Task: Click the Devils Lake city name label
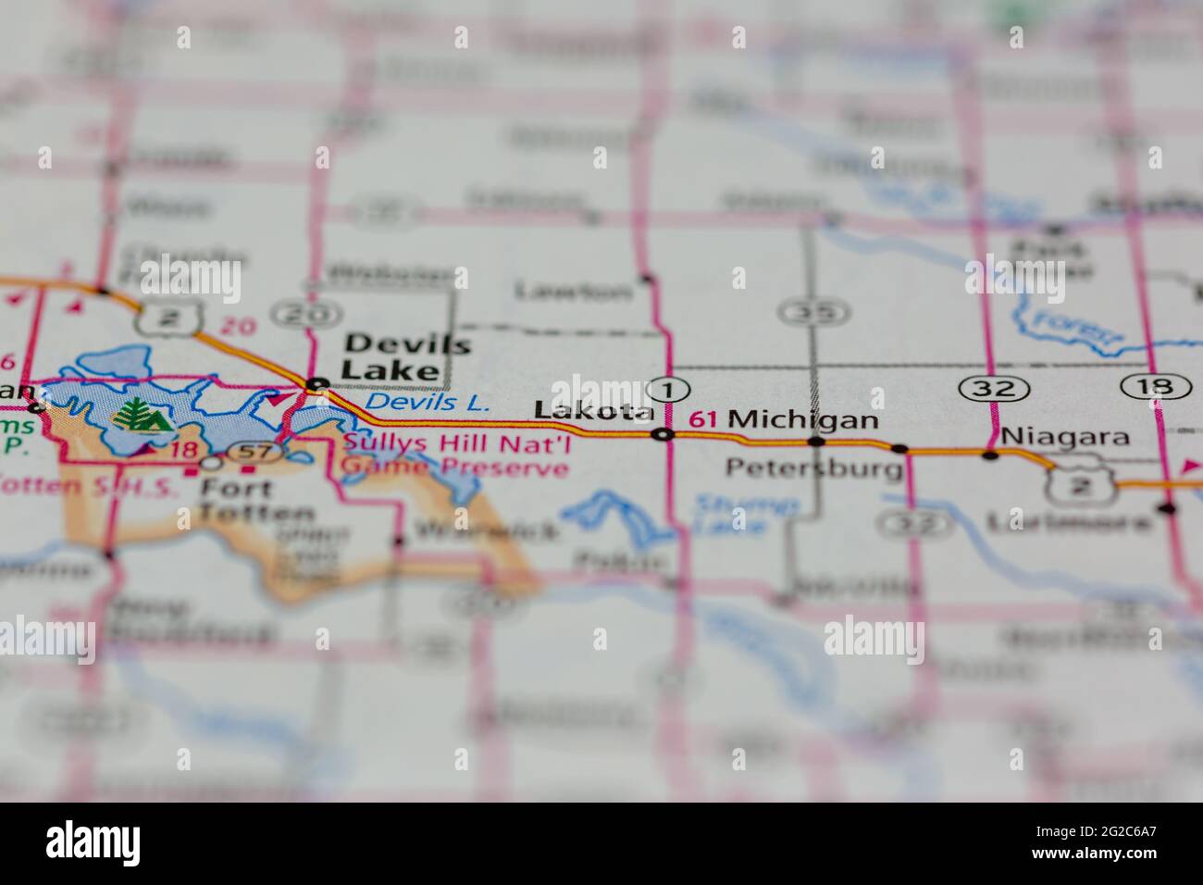[x=407, y=357]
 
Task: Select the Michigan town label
[x=803, y=419]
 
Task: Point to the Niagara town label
[x=1066, y=436]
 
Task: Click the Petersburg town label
[x=814, y=467]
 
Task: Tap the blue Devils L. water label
[x=427, y=403]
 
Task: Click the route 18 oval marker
[x=1155, y=386]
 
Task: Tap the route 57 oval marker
[x=249, y=453]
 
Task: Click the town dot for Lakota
[x=662, y=434]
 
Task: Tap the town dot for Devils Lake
[x=316, y=383]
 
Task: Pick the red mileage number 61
[x=703, y=419]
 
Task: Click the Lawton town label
[x=574, y=292]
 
